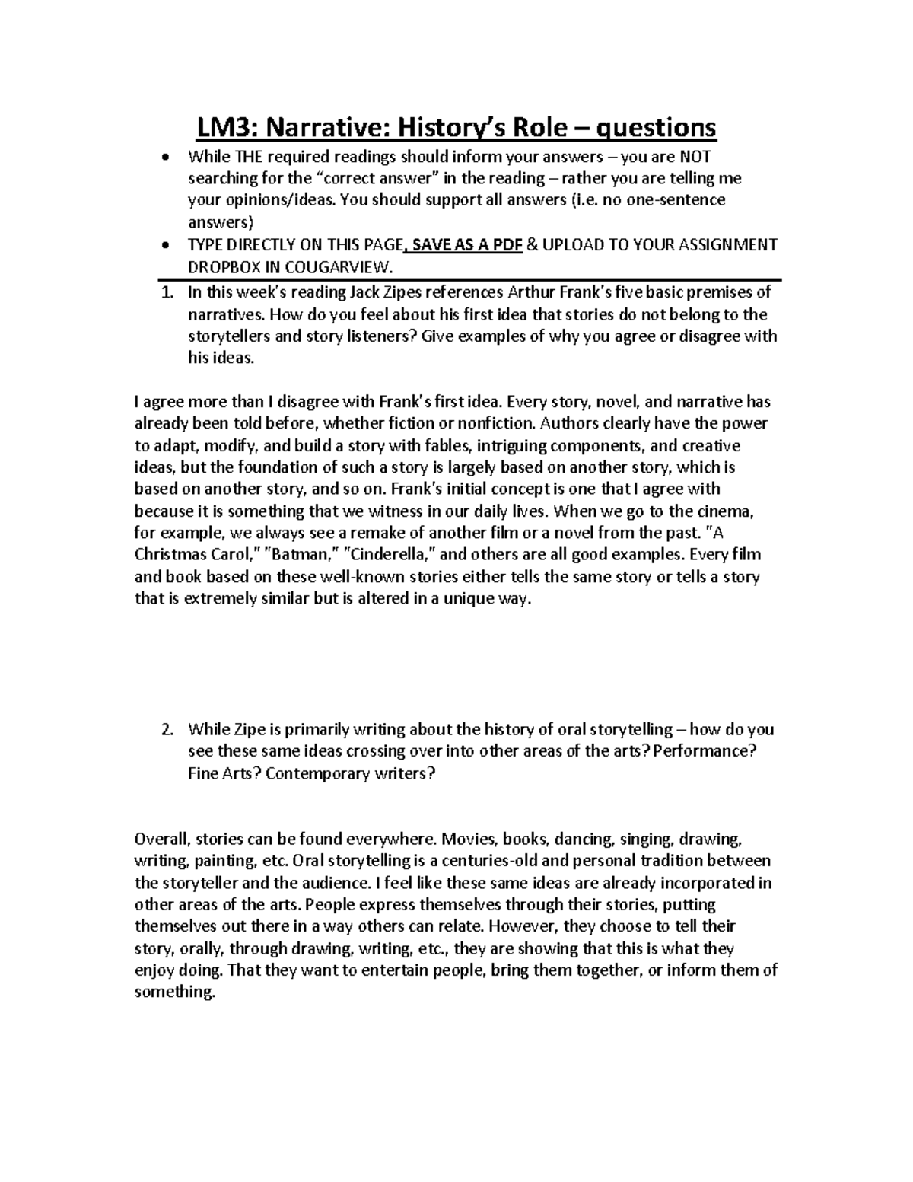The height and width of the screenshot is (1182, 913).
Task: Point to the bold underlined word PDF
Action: [x=504, y=244]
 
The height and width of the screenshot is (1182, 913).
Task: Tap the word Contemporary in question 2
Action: [x=319, y=773]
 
